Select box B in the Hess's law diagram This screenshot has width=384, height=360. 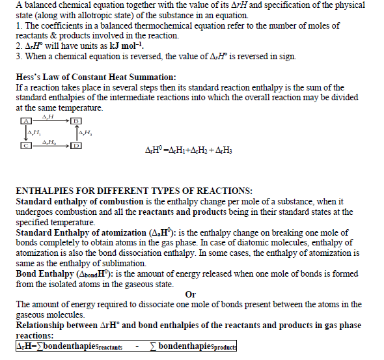75,121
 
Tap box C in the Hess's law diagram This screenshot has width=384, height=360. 27,145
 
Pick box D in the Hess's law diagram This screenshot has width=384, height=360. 76,145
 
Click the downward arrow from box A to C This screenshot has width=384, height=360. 27,133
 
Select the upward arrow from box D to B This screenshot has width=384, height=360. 76,133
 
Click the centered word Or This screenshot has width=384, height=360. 191,294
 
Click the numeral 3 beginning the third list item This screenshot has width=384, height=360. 18,56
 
